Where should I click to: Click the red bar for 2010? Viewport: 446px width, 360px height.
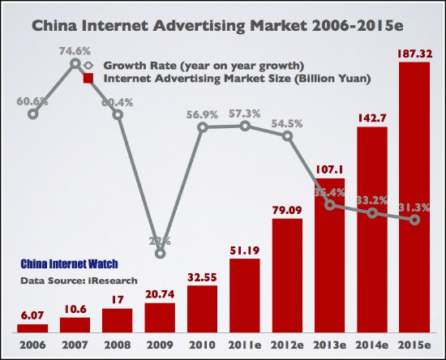pos(202,308)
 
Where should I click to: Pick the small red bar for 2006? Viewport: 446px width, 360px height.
pos(32,328)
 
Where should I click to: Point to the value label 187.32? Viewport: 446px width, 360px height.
pos(414,53)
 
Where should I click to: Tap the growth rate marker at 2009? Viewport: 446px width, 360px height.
pos(160,254)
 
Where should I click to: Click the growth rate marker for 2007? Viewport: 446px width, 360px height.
pos(75,63)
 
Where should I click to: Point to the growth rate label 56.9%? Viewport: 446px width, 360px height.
pos(202,114)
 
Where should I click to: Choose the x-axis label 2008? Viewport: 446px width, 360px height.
pos(117,344)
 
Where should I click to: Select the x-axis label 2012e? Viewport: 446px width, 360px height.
pos(287,344)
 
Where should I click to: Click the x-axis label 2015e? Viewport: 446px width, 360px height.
pos(414,344)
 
